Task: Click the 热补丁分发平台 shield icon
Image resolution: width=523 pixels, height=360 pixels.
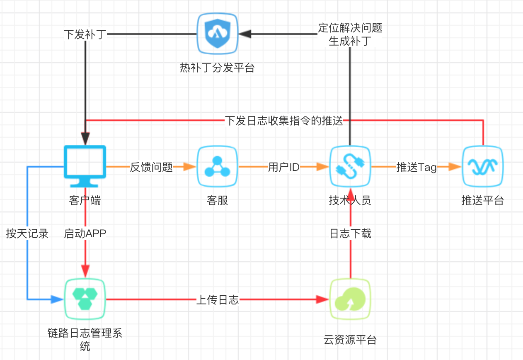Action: [x=217, y=34]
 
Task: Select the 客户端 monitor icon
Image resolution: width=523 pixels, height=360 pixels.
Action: [x=85, y=166]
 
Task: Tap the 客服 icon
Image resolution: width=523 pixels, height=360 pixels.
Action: [x=217, y=166]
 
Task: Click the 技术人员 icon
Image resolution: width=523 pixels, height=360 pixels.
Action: [x=350, y=166]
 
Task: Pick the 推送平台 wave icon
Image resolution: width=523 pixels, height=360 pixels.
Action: [x=483, y=166]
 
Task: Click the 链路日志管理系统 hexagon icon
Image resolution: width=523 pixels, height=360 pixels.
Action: [x=85, y=299]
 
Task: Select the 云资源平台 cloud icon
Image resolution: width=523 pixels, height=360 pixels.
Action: [x=350, y=299]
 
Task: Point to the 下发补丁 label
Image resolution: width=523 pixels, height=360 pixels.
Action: [x=85, y=34]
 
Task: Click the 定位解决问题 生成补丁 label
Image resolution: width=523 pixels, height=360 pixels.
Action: [x=350, y=34]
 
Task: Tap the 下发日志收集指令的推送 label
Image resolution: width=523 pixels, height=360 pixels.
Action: [x=284, y=121]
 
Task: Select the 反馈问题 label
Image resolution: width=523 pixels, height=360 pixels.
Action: [x=151, y=167]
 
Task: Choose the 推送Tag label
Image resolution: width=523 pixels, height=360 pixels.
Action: [x=416, y=167]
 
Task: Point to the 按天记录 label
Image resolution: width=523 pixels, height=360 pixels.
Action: [x=27, y=234]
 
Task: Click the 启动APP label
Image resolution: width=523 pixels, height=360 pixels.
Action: [x=85, y=234]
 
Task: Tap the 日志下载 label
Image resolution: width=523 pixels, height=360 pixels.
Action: [x=350, y=234]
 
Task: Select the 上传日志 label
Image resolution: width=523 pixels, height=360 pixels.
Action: [x=218, y=300]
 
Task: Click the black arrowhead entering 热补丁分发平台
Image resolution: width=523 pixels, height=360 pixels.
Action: [x=245, y=34]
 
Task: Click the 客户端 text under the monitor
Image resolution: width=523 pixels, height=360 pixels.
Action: [x=85, y=201]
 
